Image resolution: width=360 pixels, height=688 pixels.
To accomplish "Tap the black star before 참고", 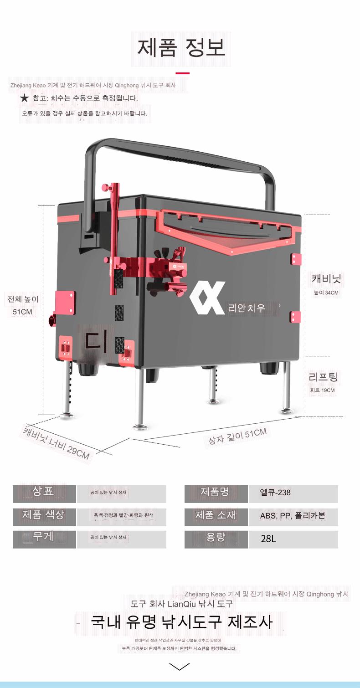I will (x=24, y=98).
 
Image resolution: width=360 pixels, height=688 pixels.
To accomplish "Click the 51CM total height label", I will (x=22, y=312).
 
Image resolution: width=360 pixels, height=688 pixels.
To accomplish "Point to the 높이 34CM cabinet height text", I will (x=326, y=293).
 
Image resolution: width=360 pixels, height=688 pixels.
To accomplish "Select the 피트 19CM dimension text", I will (x=322, y=390).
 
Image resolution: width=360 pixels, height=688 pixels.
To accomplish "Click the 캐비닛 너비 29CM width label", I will (x=57, y=442).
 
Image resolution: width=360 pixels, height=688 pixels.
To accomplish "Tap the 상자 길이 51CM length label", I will (x=237, y=436).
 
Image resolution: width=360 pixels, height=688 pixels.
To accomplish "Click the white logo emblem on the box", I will (x=207, y=298).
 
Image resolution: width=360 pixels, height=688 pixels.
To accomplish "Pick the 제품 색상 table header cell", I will (x=44, y=515).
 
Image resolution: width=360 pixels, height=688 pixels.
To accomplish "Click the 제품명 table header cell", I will (x=216, y=492).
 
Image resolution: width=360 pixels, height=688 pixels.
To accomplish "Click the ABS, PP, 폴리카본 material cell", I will (x=293, y=516).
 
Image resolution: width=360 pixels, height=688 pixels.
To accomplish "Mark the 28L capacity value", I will (x=269, y=539).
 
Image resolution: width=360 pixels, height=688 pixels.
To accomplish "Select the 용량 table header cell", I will (x=216, y=538).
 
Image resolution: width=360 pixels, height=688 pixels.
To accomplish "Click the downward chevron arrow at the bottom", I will (x=179, y=667).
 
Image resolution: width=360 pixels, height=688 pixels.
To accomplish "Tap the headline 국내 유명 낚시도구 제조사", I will (x=181, y=622).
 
